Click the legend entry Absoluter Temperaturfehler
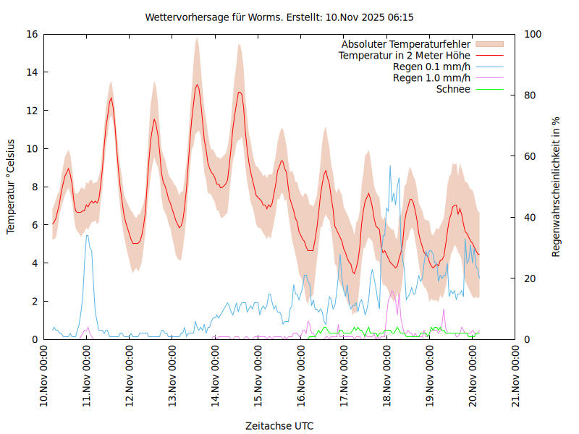point(406,44)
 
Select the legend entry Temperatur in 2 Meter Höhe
point(405,55)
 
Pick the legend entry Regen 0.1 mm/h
point(431,67)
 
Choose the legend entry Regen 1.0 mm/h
point(431,77)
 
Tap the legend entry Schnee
point(454,89)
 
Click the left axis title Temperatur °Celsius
point(11,186)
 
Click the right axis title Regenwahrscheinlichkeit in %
point(556,187)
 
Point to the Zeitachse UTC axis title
point(279,425)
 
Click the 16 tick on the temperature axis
point(33,34)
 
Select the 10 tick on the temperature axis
point(33,148)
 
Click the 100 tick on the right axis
point(533,34)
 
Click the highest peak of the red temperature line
point(197,85)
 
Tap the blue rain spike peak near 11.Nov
point(87,235)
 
